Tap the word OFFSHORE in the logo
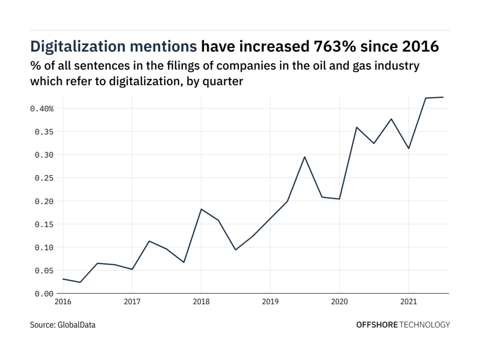(376, 324)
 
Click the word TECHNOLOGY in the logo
(425, 324)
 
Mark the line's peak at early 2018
(201, 209)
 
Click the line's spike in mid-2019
(305, 157)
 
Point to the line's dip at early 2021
(408, 149)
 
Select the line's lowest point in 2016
(80, 282)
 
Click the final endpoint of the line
(443, 97)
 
